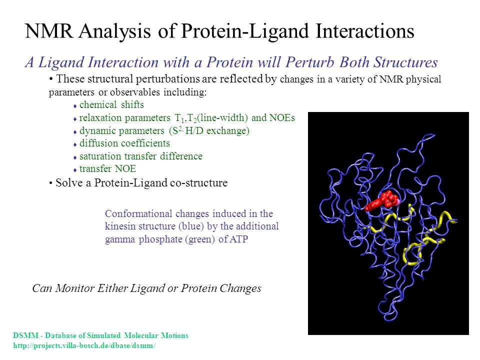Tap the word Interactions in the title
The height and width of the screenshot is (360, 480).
pos(365,31)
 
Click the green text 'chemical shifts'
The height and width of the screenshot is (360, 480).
pos(111,104)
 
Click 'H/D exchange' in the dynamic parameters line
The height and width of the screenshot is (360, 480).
pos(217,130)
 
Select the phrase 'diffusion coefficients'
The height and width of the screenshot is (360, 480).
pos(124,143)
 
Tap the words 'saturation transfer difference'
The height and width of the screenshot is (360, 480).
pos(141,156)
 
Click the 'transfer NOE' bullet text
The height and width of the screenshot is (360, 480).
pos(107,168)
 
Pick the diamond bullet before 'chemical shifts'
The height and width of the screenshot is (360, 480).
pos(75,106)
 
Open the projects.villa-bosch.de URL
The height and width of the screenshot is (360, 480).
pos(84,345)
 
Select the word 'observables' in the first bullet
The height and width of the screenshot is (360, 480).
pos(135,92)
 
